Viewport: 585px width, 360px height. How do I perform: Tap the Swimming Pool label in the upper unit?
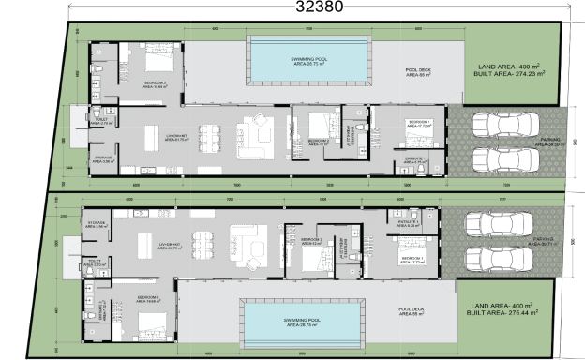tap(306, 59)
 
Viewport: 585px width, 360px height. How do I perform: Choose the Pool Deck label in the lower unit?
tap(410, 310)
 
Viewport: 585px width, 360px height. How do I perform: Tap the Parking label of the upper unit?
tap(550, 142)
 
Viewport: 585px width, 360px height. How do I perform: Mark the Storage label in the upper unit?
tap(103, 159)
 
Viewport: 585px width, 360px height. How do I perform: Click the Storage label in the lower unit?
tap(97, 224)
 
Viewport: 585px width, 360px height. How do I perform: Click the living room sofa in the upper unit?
tap(254, 131)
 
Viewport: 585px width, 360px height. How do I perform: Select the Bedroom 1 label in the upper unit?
tap(418, 123)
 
